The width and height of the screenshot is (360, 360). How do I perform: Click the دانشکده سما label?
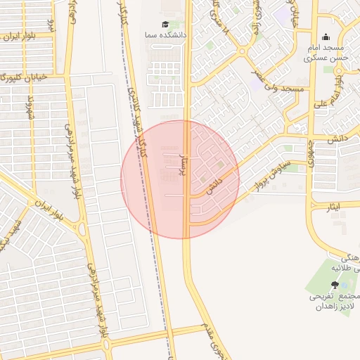point(165,34)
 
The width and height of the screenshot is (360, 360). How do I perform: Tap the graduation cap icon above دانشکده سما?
point(165,24)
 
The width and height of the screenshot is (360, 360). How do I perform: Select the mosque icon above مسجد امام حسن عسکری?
point(325,37)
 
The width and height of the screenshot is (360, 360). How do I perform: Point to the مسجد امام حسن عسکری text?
point(325,53)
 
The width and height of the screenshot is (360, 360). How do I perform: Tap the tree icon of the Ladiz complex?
point(334,284)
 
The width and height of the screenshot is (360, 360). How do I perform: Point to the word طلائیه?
point(348,267)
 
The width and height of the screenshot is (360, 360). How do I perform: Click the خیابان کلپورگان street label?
point(25,76)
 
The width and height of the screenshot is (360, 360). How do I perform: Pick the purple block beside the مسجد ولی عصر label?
point(254,83)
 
